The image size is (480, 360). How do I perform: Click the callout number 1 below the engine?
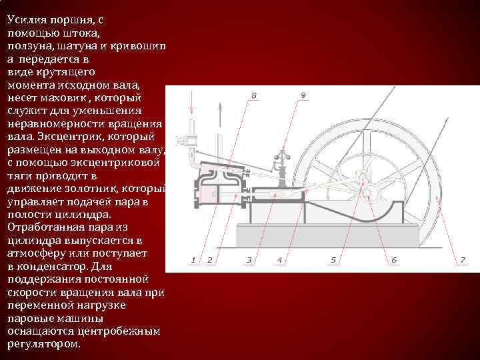click(x=193, y=259)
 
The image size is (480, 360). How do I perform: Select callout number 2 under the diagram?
click(x=209, y=259)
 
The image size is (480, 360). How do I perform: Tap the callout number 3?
click(x=249, y=259)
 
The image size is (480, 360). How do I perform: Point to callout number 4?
click(x=279, y=259)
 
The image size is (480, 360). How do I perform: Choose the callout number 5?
click(x=333, y=259)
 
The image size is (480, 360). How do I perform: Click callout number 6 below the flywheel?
click(x=393, y=259)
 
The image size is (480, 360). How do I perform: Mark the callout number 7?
click(x=463, y=259)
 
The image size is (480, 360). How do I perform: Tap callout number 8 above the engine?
click(x=253, y=95)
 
